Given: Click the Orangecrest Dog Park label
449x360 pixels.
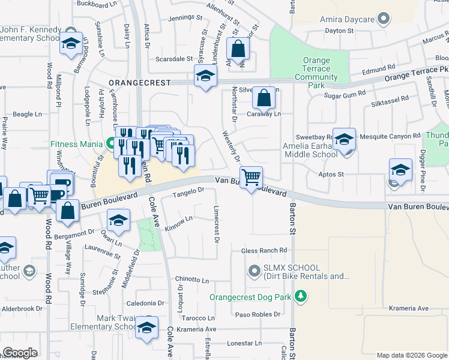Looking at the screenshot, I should coord(253,297).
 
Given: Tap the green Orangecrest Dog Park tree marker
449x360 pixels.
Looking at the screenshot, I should coord(301,296).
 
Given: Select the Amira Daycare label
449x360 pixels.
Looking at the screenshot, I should coord(348,20).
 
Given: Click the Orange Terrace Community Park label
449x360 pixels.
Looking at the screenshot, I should coord(316,69).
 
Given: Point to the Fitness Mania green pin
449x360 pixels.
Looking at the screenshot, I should coord(110,144).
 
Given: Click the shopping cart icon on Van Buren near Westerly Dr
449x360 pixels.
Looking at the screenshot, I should coord(251,177).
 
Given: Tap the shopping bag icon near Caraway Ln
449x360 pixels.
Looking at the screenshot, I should coord(264,97).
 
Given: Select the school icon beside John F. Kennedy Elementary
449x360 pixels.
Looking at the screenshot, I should coord(71,44).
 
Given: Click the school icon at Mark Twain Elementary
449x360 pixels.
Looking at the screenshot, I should coord(146,328).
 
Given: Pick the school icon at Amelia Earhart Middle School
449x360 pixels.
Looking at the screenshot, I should coord(344,139).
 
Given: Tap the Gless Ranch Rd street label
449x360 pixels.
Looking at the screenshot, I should coord(264,250).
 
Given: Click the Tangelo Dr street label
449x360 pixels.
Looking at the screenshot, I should coord(189,191).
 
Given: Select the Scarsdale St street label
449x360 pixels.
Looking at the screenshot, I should coord(173,59).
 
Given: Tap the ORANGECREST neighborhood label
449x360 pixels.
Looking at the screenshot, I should coord(139,82).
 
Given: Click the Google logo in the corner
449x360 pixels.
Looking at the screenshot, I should coord(20,352).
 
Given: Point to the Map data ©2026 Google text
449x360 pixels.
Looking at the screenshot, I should coord(411,355).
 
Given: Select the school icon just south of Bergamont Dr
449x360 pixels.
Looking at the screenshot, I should coord(119,220).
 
